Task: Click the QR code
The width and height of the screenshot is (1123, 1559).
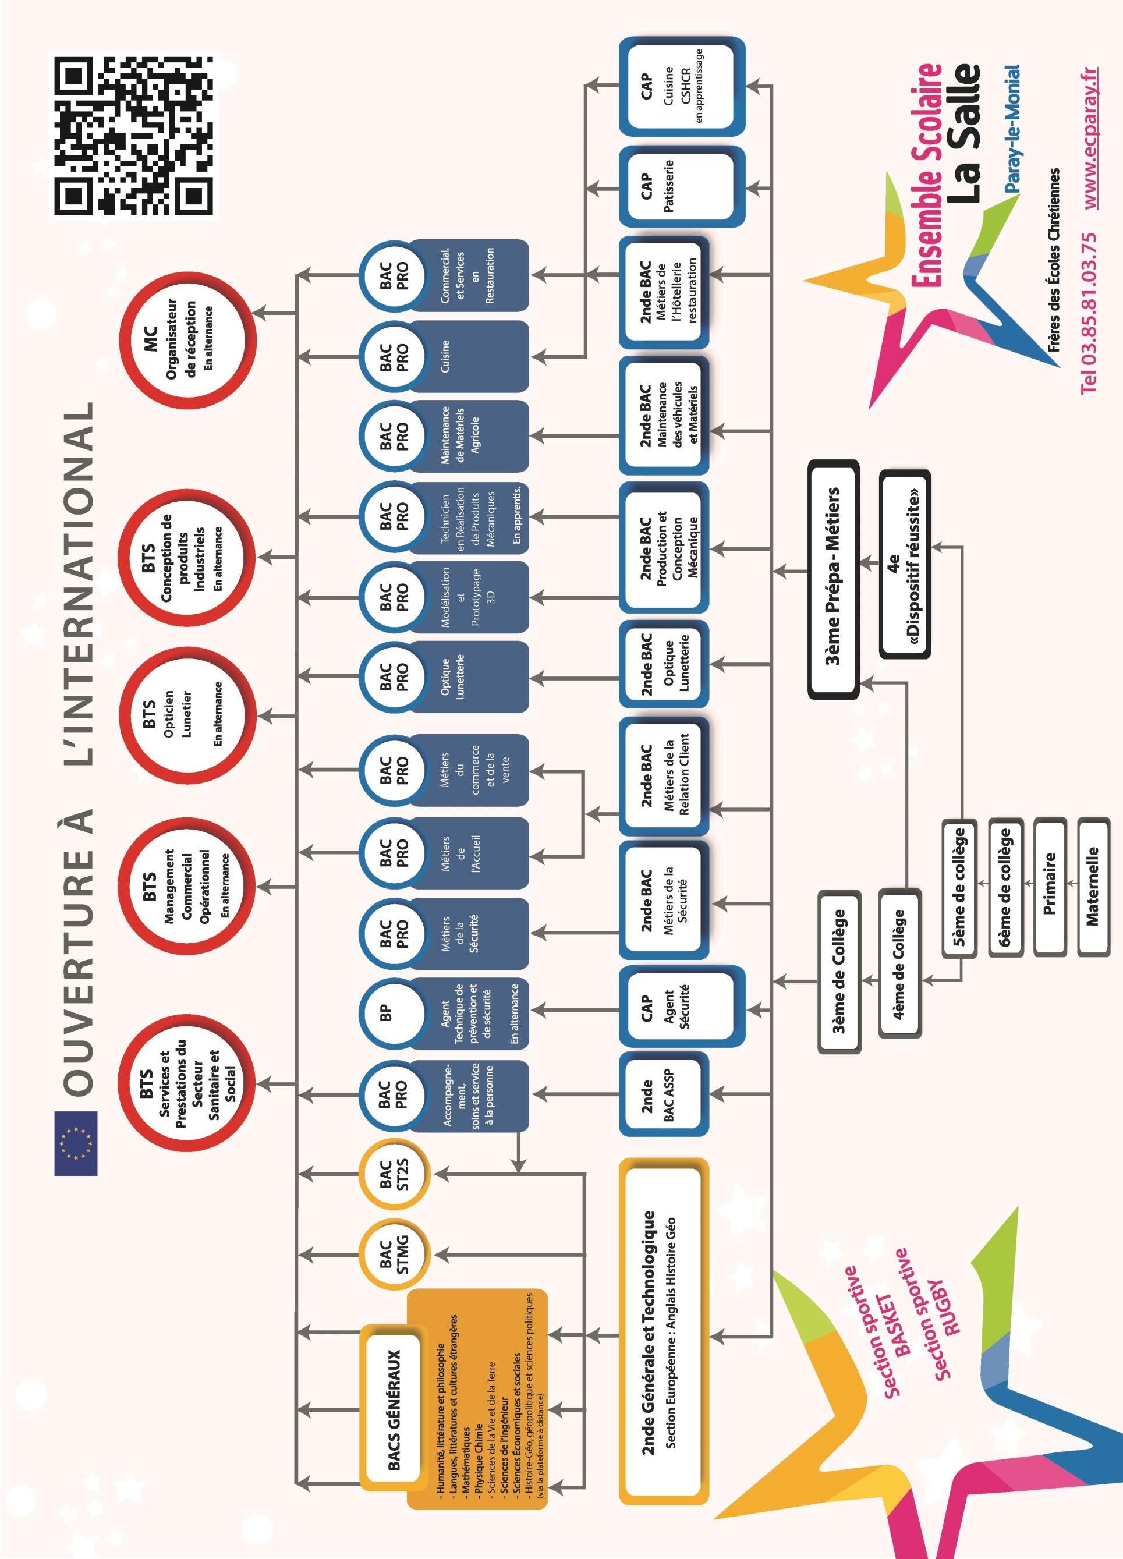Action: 133,136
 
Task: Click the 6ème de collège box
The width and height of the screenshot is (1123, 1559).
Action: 1004,887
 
